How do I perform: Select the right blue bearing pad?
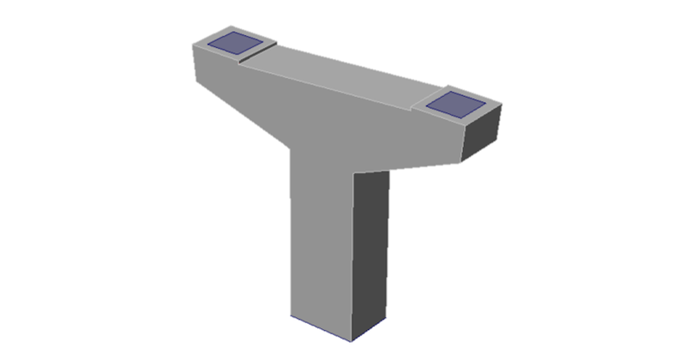point(454,104)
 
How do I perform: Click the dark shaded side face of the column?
point(370,249)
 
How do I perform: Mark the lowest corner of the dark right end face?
point(464,160)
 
